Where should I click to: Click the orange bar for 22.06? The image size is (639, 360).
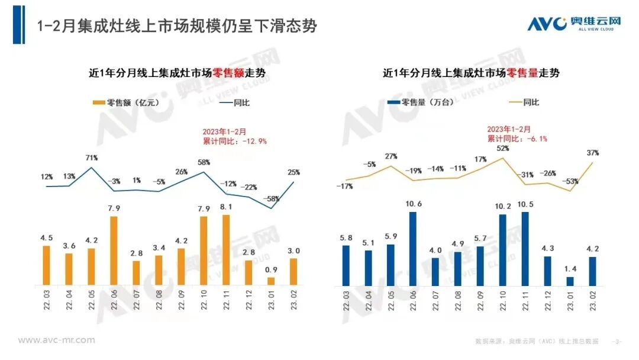tap(114, 251)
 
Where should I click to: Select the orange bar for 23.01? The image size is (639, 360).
tap(272, 282)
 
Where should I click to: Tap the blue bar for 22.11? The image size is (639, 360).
tap(525, 249)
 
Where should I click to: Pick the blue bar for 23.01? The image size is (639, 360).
tap(570, 282)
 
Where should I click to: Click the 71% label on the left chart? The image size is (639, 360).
tap(92, 158)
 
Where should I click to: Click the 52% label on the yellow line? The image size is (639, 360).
tap(503, 149)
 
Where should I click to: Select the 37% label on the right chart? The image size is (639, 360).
tap(593, 153)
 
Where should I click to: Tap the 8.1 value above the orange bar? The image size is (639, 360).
tap(227, 207)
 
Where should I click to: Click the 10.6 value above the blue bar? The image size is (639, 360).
tap(413, 204)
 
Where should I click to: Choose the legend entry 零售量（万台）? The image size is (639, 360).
tap(421, 102)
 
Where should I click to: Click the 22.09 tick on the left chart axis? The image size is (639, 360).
tap(181, 304)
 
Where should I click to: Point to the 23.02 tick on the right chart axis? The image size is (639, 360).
tap(592, 304)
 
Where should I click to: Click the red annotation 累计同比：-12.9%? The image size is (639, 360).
tap(235, 141)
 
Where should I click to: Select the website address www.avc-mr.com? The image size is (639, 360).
tap(56, 340)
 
